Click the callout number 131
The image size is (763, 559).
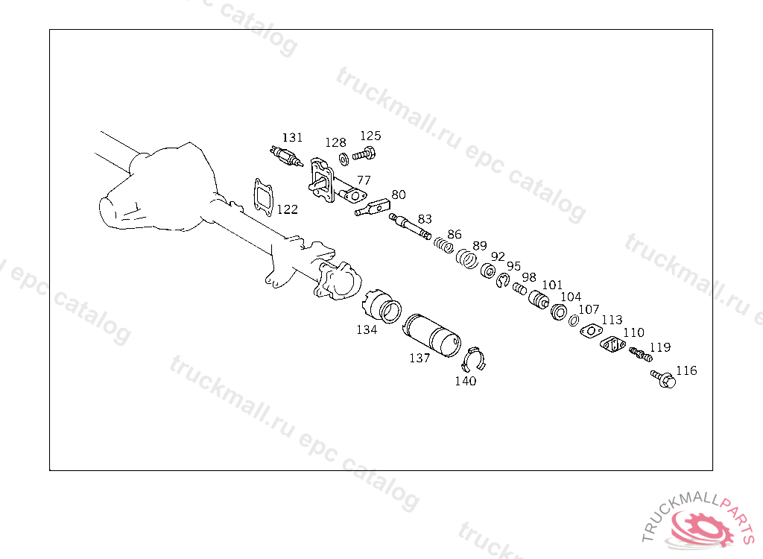(x=292, y=138)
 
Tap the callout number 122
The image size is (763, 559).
(x=287, y=209)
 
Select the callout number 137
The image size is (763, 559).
(x=420, y=358)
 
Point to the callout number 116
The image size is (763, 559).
(x=686, y=370)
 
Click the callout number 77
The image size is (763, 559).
(x=364, y=180)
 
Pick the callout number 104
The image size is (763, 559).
(x=571, y=297)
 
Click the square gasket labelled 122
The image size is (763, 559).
(x=263, y=198)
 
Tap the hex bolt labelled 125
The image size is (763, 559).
(x=364, y=154)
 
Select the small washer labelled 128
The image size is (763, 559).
(x=343, y=159)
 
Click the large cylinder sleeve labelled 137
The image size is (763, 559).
(x=431, y=335)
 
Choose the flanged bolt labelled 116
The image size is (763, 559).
(x=663, y=379)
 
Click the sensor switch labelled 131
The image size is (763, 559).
(x=287, y=157)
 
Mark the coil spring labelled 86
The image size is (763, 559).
(x=443, y=245)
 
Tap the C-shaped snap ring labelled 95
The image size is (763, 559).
(x=503, y=280)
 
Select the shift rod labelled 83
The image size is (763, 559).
(x=411, y=227)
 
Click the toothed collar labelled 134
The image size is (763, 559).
(x=382, y=306)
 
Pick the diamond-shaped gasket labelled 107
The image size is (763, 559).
(x=591, y=331)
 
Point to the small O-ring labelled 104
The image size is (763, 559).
(x=574, y=320)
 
